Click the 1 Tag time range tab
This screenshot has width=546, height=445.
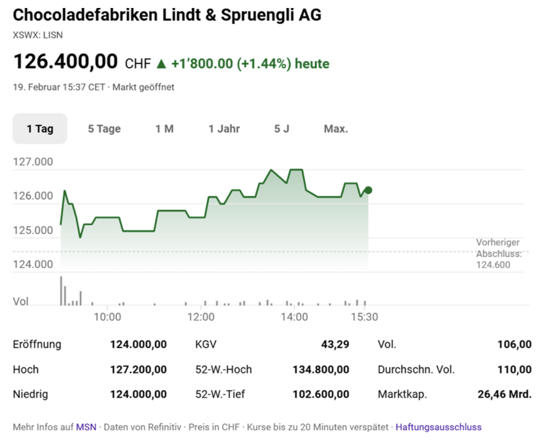click(x=40, y=128)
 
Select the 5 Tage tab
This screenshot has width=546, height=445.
click(x=104, y=128)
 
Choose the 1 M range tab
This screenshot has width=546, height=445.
click(x=164, y=128)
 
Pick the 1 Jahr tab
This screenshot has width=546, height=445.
click(x=224, y=128)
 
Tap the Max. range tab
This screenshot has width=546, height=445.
click(x=336, y=128)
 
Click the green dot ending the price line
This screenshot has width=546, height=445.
click(x=368, y=190)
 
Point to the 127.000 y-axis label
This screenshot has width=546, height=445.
click(x=32, y=162)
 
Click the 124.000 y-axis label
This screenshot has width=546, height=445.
click(x=32, y=264)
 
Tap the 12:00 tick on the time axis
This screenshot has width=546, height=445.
click(x=201, y=317)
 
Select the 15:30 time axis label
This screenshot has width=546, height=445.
click(x=365, y=317)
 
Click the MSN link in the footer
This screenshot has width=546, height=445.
click(x=86, y=427)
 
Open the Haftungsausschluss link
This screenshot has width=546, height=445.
click(x=438, y=427)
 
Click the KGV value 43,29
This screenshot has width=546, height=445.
click(x=335, y=344)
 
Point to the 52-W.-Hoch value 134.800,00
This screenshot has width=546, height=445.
click(x=321, y=369)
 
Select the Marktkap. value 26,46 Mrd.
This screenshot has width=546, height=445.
click(x=505, y=394)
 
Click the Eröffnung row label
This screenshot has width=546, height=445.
click(x=37, y=344)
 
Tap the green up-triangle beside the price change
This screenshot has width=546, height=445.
click(x=161, y=64)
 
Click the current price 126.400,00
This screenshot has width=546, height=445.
click(x=65, y=62)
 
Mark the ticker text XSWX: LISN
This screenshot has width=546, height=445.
click(x=38, y=35)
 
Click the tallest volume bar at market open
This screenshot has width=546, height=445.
click(x=61, y=291)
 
